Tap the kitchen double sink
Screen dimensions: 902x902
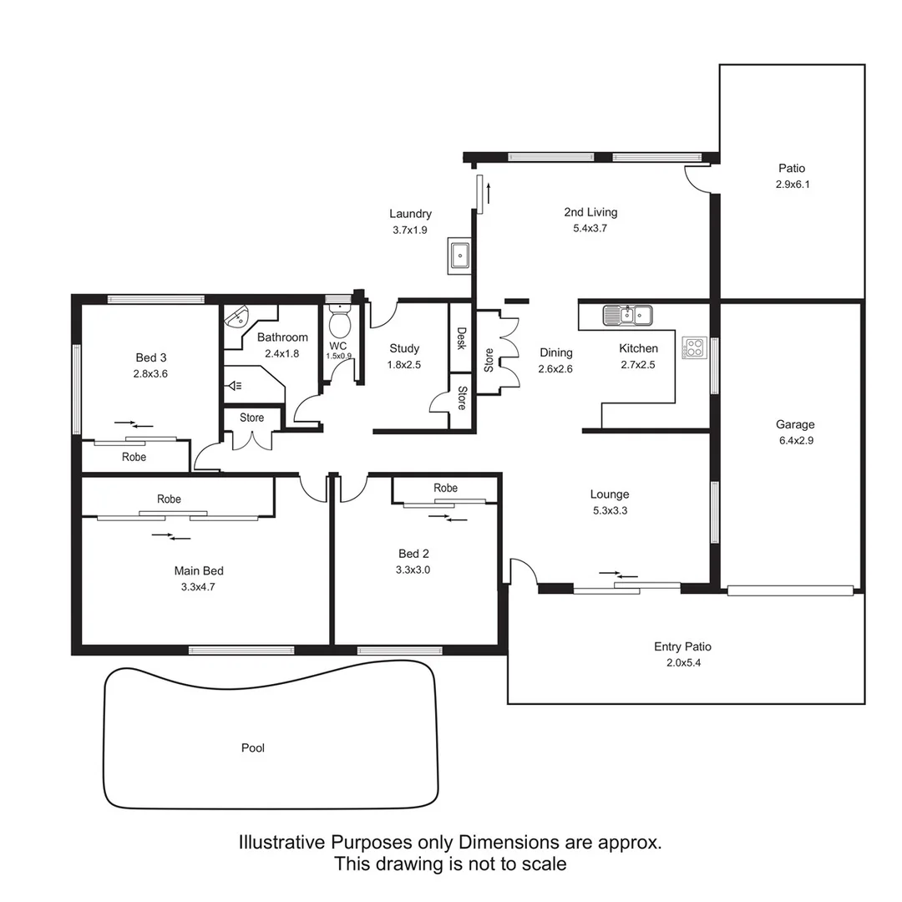[628, 315]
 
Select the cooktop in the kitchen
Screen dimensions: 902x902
[694, 347]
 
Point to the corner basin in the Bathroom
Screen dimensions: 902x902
[237, 317]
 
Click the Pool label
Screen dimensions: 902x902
[253, 747]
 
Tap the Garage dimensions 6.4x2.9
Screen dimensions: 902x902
[794, 439]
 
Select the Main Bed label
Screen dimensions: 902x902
[199, 571]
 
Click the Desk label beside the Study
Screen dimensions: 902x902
[461, 337]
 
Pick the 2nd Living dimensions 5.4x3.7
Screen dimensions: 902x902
[590, 228]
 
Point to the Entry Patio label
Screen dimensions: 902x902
[682, 646]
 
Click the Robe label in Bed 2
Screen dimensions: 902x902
[446, 488]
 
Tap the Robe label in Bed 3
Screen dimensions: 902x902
[134, 457]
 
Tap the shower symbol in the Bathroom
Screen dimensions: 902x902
[235, 385]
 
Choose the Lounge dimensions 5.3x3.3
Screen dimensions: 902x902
[610, 510]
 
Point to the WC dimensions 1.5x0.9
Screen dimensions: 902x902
[339, 355]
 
